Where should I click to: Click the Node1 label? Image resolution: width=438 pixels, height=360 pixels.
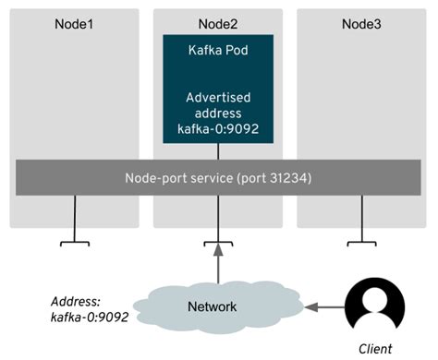75,21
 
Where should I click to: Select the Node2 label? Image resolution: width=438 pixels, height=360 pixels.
218,21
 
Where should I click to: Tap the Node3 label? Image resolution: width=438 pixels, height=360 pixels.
361,21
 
